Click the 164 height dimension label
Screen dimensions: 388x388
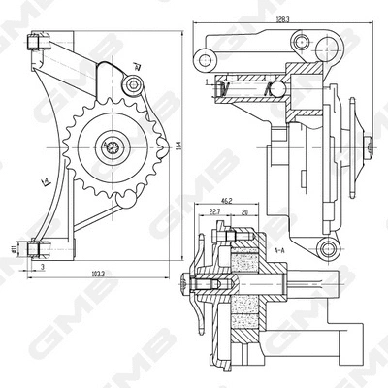179,145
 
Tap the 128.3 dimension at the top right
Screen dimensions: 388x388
282,18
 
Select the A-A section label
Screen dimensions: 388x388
279,249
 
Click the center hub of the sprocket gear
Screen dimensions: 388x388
113,147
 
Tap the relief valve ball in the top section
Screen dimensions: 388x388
275,89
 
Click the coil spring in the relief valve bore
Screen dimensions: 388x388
242,89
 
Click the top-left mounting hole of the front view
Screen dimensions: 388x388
35,43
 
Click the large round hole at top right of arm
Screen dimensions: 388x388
300,42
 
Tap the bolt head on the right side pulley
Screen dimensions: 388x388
371,145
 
